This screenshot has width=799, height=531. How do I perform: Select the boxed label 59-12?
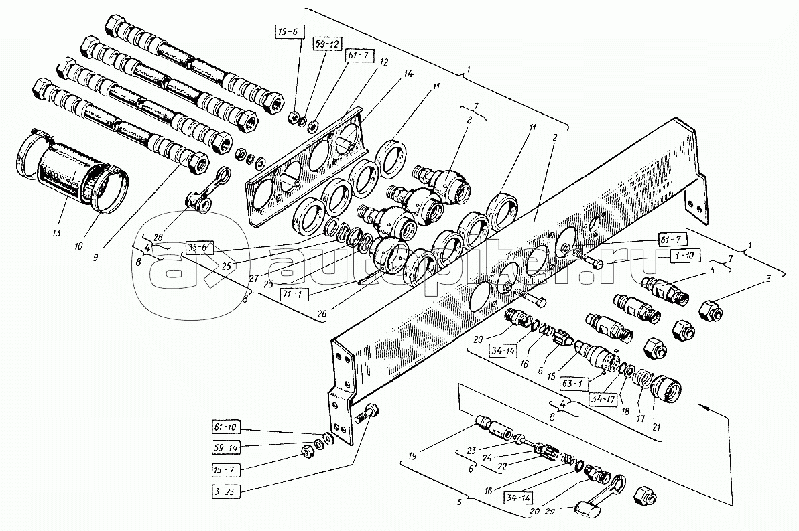(326, 45)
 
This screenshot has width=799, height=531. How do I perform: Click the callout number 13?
(56, 233)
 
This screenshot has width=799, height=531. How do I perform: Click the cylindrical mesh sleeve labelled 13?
(64, 164)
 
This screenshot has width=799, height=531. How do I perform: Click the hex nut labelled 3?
(711, 311)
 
